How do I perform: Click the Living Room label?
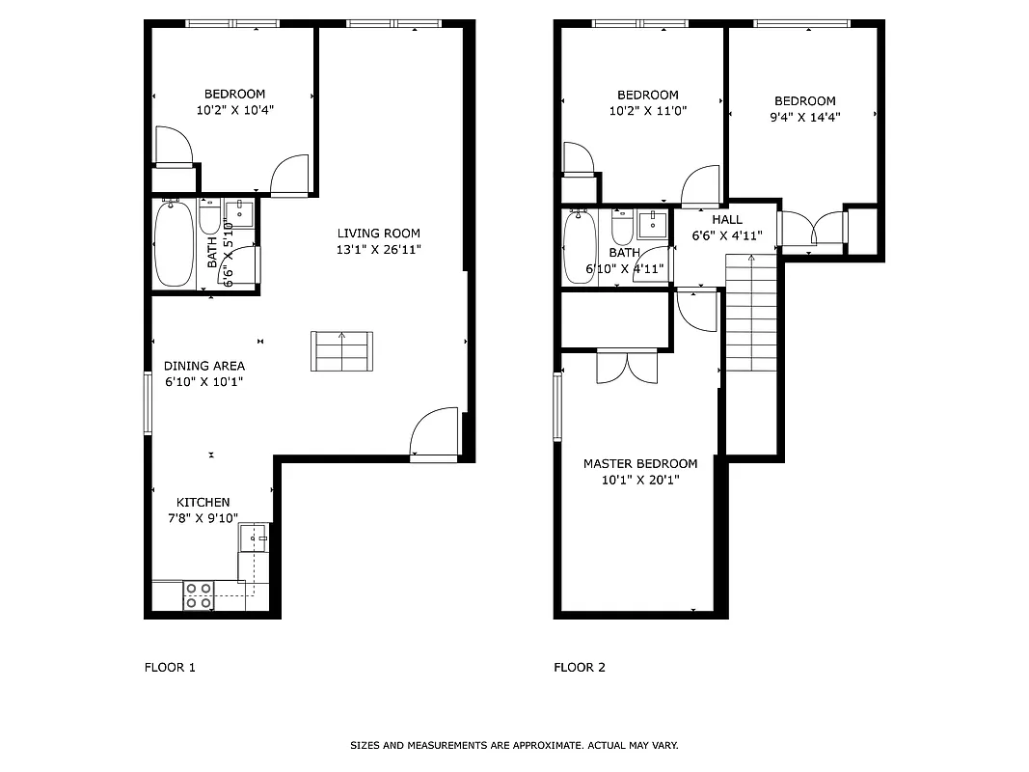pos(378,234)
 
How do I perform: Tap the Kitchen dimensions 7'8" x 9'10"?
pos(203,518)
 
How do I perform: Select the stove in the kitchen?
pos(199,595)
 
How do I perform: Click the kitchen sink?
pos(255,537)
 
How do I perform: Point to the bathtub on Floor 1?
pos(175,243)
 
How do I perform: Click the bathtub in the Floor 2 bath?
pos(579,247)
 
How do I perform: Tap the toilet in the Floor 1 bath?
pos(209,219)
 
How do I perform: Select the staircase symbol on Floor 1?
pos(341,350)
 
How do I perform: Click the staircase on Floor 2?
pos(750,314)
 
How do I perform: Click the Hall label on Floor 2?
pos(727,220)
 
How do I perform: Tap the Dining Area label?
pos(203,366)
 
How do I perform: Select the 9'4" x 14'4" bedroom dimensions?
pos(805,118)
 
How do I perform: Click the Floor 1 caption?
pos(170,668)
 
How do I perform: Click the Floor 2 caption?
pos(580,668)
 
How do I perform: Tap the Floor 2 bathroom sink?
pos(653,224)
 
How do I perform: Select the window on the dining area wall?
pos(149,402)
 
